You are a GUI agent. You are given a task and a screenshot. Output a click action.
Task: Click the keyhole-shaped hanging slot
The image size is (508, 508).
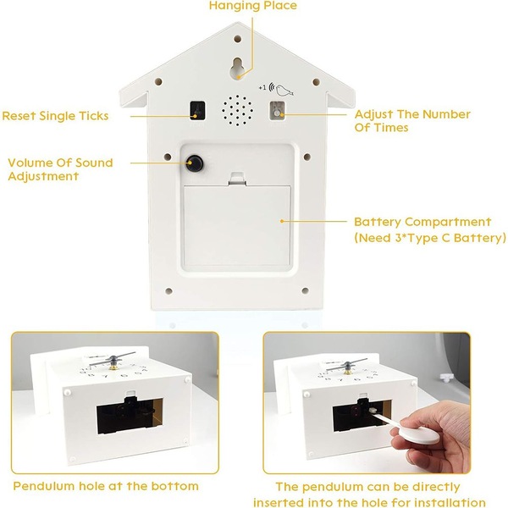[x=237, y=68]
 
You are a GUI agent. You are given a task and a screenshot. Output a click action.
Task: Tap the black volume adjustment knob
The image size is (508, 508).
[x=195, y=163]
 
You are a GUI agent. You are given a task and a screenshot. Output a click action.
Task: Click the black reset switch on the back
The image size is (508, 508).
[x=197, y=110]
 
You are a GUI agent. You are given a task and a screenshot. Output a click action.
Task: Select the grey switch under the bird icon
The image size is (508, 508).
[x=277, y=110]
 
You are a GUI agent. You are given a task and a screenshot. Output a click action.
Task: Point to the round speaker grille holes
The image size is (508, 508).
[x=237, y=110]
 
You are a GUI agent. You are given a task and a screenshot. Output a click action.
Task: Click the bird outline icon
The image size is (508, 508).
[x=284, y=91]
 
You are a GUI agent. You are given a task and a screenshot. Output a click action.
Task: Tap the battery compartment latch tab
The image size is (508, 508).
[x=237, y=179]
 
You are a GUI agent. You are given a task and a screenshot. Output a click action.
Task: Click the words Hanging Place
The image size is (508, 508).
[x=253, y=6]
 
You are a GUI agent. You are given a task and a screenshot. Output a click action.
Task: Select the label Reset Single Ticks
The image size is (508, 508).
[x=55, y=116]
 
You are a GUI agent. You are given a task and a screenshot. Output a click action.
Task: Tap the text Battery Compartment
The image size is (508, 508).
[x=422, y=222]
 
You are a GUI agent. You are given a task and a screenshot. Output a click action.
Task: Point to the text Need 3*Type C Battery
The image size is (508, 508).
[x=430, y=238]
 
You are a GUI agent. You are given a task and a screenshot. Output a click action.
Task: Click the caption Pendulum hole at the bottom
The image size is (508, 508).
[x=106, y=486]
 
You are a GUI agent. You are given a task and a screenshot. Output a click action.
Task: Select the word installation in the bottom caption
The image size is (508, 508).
[x=450, y=502]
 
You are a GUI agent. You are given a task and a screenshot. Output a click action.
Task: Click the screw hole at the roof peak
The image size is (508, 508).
[x=237, y=39]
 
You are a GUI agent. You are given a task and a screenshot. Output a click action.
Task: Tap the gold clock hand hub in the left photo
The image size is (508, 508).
[x=113, y=367]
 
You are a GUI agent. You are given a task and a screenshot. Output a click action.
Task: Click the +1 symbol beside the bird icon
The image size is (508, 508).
[x=262, y=87]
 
